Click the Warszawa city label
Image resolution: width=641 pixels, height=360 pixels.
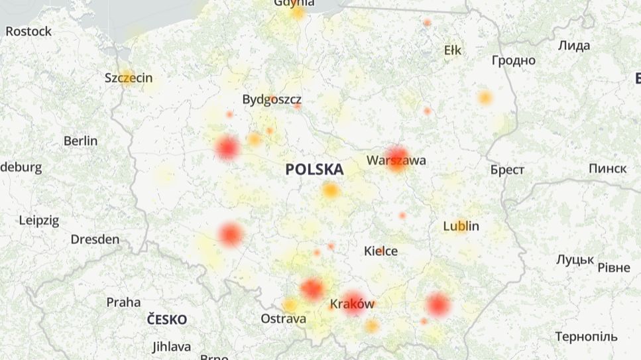point(396,160)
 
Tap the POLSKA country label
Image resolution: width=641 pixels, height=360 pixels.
point(314,170)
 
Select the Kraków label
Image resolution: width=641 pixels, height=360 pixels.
point(352,304)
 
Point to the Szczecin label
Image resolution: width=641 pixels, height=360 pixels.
point(129,78)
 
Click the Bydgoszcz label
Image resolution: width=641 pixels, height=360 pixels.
point(272,99)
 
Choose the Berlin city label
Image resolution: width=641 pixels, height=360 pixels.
point(80,141)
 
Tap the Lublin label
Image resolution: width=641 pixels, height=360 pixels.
point(461,226)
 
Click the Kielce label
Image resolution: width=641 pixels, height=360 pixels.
point(380,251)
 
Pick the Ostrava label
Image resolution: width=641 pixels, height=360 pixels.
point(283,319)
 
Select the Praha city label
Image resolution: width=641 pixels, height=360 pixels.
point(123,302)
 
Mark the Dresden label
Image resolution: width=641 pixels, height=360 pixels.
point(95,239)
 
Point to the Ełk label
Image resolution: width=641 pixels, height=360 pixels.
point(453,50)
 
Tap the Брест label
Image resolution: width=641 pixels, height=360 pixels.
point(507,170)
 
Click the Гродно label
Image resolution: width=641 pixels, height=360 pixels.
point(513,60)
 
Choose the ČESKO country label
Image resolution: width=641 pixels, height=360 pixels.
point(167,320)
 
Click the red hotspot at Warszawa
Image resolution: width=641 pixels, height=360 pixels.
point(398,158)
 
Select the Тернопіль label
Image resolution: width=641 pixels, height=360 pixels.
point(586,337)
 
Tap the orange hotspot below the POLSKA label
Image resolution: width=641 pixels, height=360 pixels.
point(330,191)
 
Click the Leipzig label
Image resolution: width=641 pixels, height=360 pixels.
point(38,220)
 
